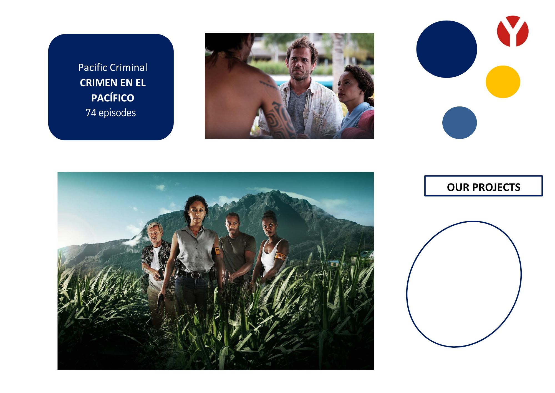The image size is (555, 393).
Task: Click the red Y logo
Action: [x=513, y=31]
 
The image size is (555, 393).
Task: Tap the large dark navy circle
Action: [x=446, y=49]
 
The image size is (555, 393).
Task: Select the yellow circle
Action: [x=503, y=82]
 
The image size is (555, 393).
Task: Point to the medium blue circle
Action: [x=460, y=123]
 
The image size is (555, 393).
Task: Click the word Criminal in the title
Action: [x=129, y=67]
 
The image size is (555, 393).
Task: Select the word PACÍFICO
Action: [x=113, y=98]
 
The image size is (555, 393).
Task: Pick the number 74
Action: [x=91, y=113]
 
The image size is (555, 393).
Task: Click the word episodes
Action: [x=117, y=113]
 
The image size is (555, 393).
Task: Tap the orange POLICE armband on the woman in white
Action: [x=280, y=256]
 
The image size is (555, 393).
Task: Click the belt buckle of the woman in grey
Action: [x=195, y=275]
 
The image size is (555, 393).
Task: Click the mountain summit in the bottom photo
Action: [x=274, y=191]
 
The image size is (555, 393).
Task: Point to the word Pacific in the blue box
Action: [x=93, y=67]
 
